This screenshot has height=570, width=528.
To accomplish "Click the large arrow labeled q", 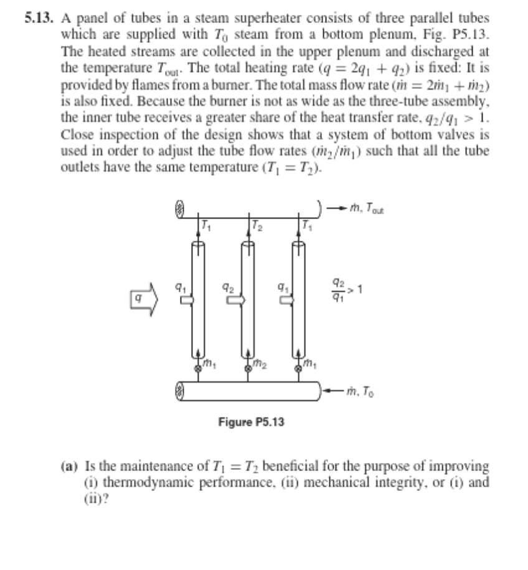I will (x=143, y=301).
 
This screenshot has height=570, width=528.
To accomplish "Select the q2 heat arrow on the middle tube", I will (x=237, y=299).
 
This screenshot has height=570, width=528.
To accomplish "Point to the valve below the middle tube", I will (x=248, y=368).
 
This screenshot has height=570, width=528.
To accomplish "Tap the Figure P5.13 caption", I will (x=251, y=423).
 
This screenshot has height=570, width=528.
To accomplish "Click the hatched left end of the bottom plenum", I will (x=181, y=391).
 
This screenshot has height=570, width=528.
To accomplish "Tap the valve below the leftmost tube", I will (x=197, y=368).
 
